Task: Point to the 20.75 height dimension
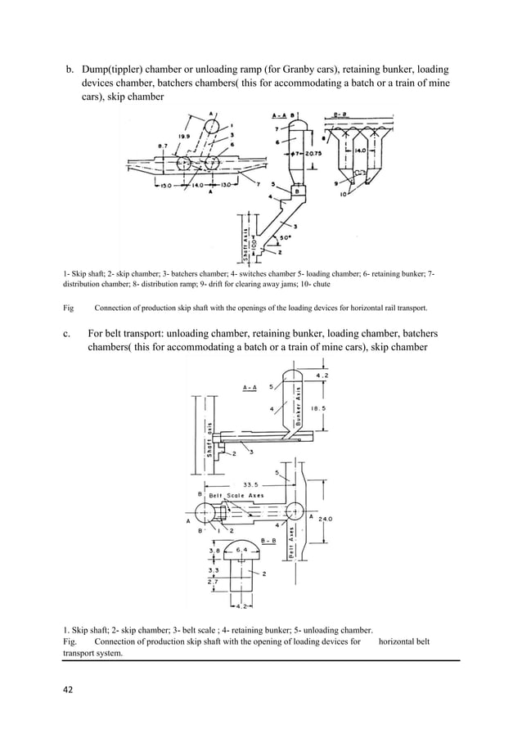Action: (313, 154)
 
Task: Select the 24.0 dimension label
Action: (327, 518)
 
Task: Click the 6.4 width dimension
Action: (241, 551)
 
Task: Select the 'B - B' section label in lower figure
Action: (268, 541)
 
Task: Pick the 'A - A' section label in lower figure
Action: (253, 385)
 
